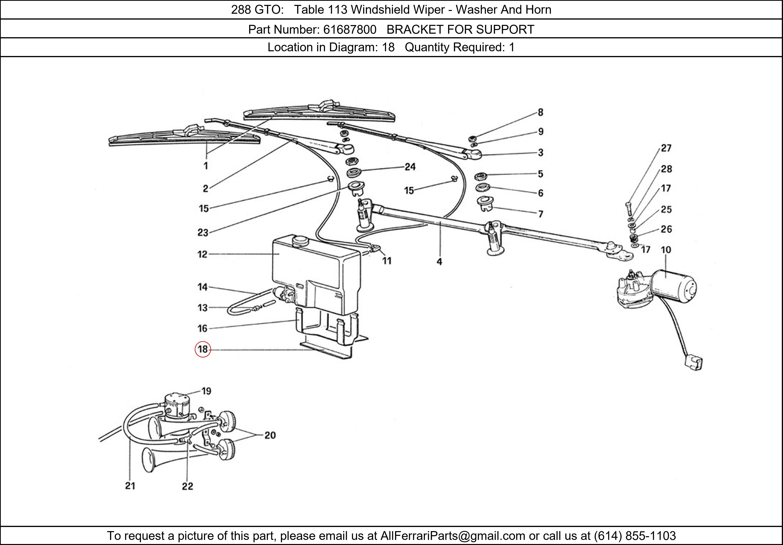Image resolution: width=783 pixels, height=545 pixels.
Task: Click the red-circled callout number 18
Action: tap(203, 349)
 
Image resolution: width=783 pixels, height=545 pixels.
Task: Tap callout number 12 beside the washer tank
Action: tap(202, 254)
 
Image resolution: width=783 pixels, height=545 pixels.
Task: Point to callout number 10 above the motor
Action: tap(666, 250)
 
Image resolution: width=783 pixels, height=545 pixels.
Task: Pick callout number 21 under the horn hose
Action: tap(130, 486)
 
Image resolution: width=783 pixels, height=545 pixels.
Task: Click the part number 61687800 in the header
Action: tap(350, 30)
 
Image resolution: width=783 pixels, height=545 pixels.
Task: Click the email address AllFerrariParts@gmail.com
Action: tap(453, 536)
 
